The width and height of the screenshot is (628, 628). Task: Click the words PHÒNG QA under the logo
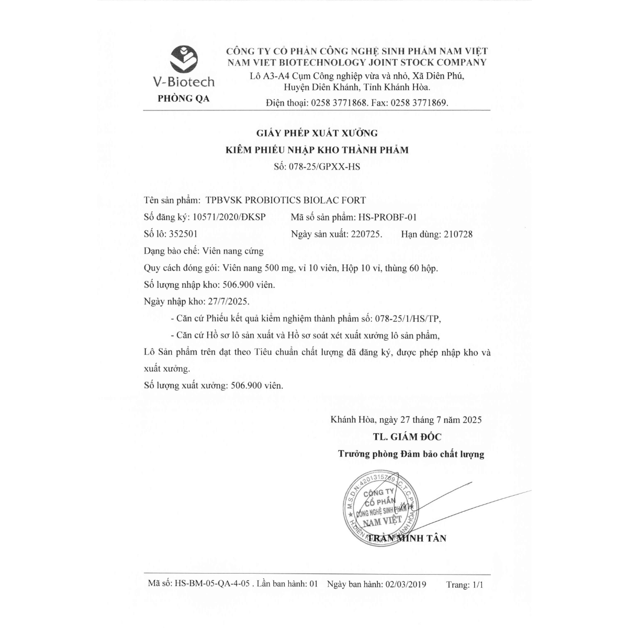pyautogui.click(x=183, y=99)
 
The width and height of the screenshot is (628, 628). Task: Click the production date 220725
pyautogui.click(x=366, y=234)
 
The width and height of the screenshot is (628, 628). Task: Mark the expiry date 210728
pyautogui.click(x=457, y=234)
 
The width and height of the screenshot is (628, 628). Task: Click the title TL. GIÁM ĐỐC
pyautogui.click(x=410, y=436)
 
